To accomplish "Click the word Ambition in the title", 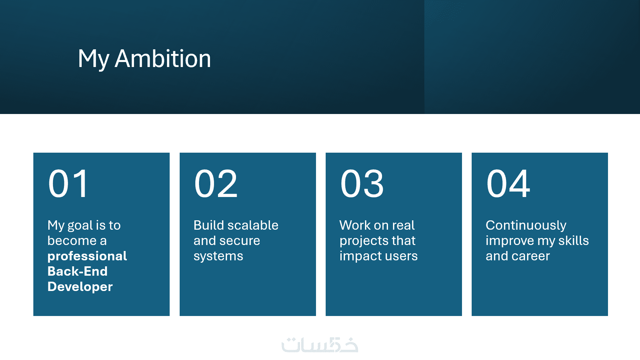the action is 163,59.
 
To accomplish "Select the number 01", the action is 68,183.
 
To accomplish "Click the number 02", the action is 216,183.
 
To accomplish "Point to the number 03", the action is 362,183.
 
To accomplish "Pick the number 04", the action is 508,183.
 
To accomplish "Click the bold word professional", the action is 87,256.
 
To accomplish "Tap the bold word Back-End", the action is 77,271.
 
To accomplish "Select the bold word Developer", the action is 80,287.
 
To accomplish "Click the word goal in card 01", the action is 80,226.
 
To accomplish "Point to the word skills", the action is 574,241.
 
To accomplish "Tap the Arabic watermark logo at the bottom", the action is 320,345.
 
